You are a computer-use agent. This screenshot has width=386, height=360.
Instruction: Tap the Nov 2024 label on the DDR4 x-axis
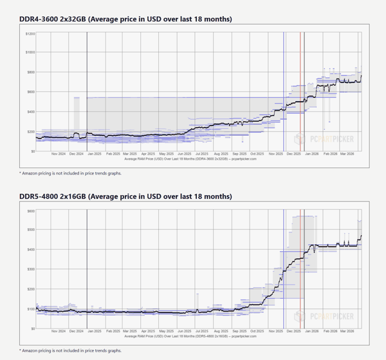coord(59,154)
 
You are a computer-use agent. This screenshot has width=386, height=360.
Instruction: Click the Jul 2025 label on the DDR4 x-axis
coord(201,154)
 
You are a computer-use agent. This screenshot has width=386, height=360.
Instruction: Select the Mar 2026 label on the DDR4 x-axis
coord(348,154)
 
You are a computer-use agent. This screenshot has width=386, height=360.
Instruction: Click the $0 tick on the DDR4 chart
coord(32,151)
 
